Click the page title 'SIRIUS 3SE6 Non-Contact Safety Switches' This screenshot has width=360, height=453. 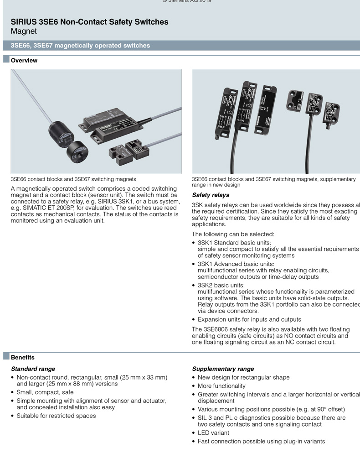[89, 22]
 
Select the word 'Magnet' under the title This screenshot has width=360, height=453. [24, 31]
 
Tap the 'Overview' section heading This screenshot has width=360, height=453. [24, 60]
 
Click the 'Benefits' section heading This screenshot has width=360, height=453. [22, 357]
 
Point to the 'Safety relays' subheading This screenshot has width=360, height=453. [211, 195]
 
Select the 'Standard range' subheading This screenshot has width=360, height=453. [33, 369]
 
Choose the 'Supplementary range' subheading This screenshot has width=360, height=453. [223, 369]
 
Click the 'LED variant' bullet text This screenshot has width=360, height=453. [213, 432]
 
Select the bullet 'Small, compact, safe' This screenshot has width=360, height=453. [45, 392]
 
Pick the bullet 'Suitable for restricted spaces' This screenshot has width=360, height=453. [56, 416]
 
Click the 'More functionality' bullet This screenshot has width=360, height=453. [221, 385]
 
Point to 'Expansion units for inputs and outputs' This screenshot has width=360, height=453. [249, 319]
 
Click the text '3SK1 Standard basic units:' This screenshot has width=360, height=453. [234, 242]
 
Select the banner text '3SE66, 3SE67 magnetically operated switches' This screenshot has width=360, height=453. [80, 45]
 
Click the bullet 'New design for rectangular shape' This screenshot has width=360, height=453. [243, 377]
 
